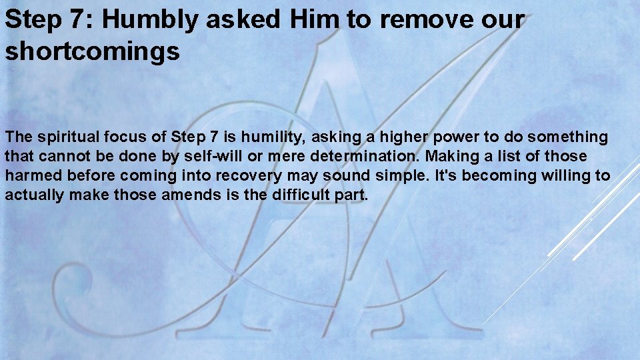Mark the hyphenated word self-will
(214, 157)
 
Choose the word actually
(33, 195)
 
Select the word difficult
(303, 195)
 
